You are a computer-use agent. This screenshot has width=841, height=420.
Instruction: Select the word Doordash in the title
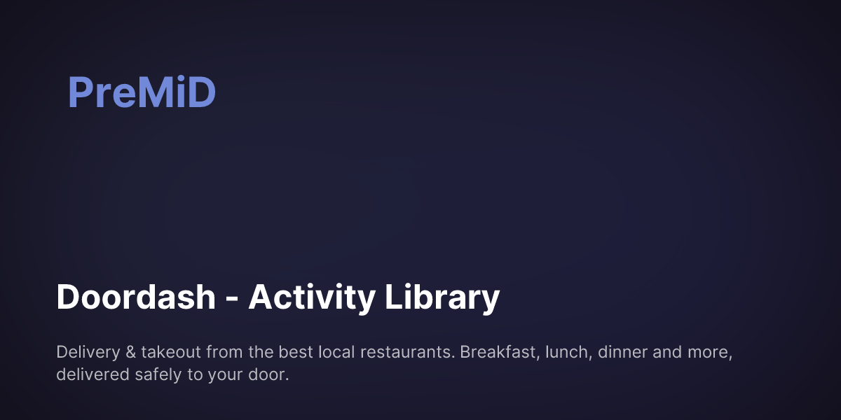pyautogui.click(x=136, y=297)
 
